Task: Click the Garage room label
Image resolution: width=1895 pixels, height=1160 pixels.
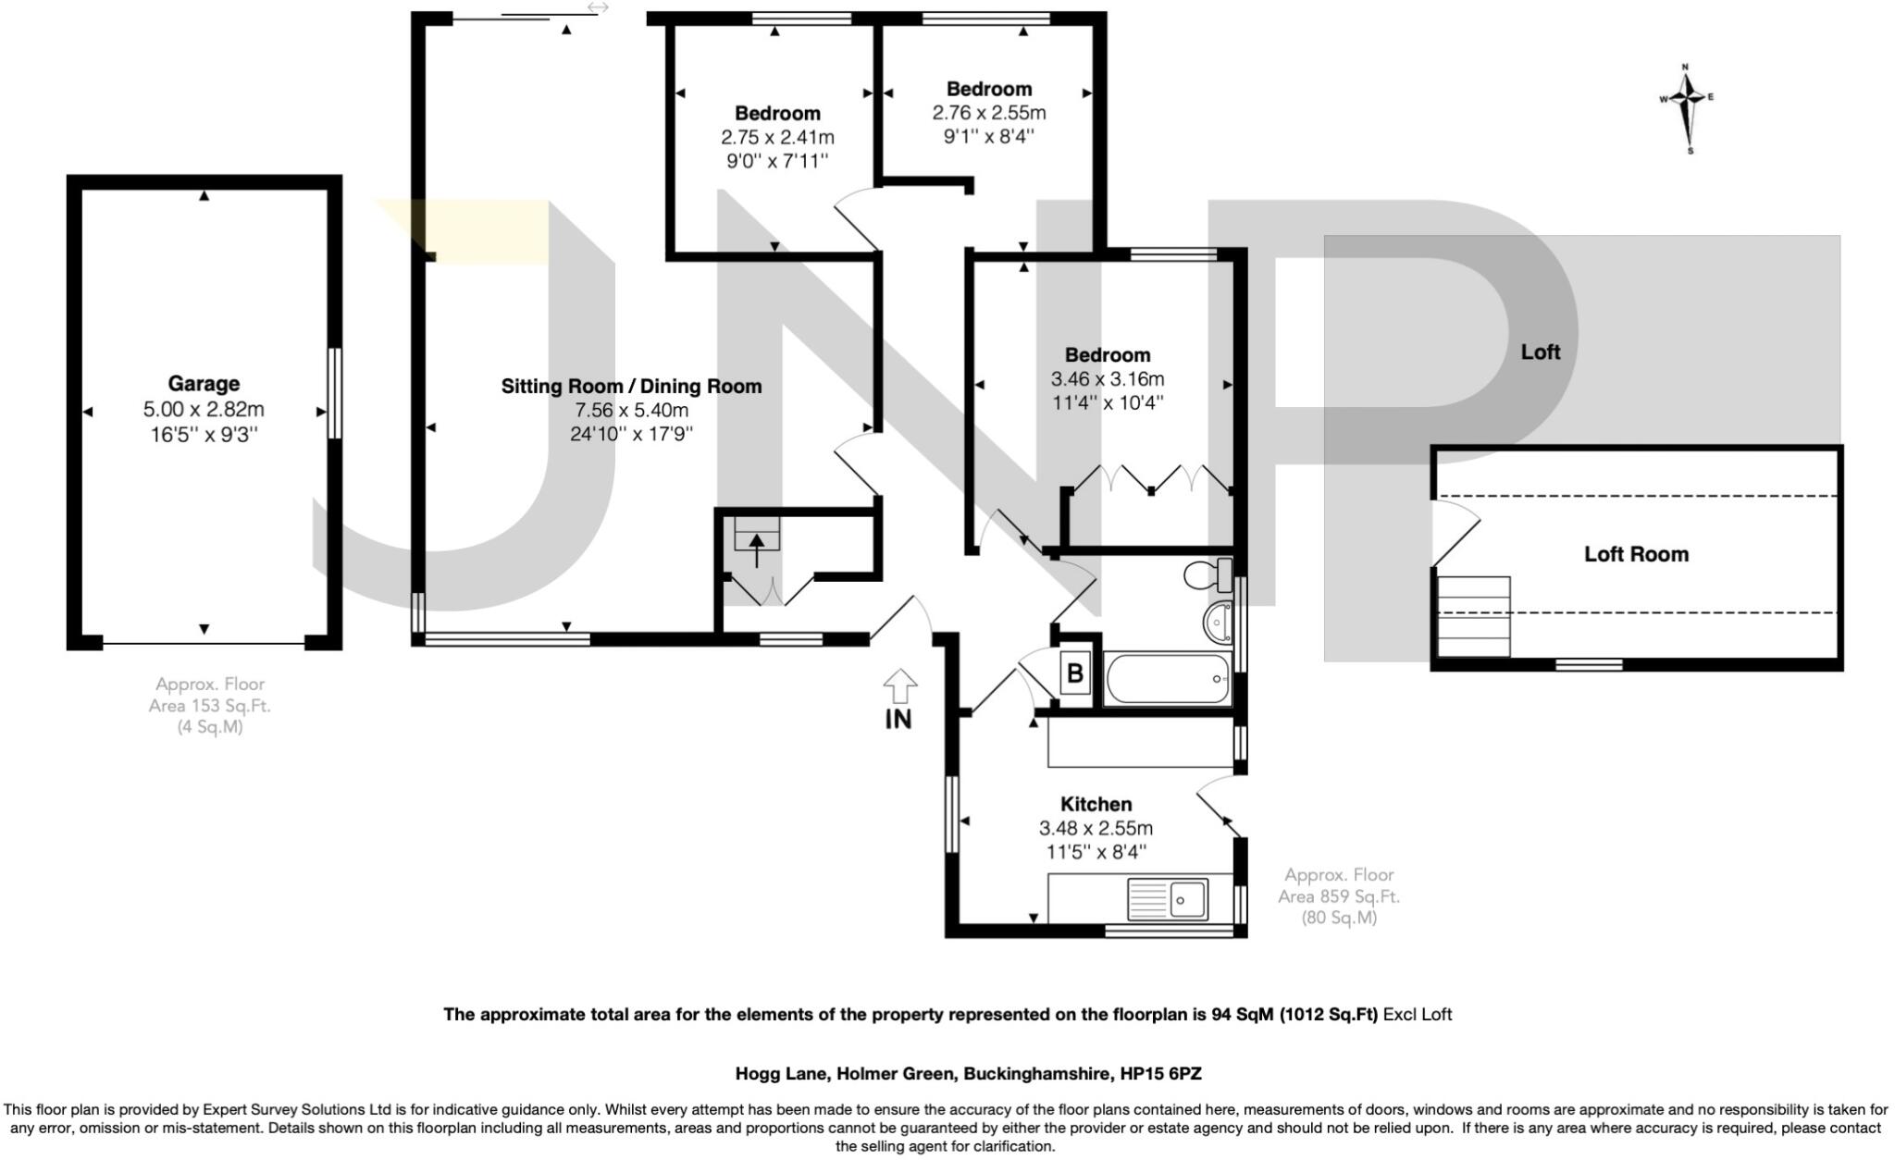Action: click(204, 383)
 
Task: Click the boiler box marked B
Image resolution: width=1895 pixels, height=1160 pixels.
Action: click(1075, 673)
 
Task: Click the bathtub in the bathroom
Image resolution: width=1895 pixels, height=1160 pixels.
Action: click(1168, 679)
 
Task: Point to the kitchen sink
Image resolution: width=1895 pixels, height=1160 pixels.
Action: click(1168, 898)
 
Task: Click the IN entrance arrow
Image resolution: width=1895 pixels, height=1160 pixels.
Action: click(899, 688)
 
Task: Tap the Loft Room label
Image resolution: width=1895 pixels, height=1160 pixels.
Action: click(1636, 554)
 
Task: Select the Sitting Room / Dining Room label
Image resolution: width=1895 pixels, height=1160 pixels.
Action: click(631, 387)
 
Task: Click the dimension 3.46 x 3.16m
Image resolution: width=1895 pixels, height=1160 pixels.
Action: click(1107, 379)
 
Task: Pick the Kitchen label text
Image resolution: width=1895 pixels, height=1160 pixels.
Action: click(1096, 804)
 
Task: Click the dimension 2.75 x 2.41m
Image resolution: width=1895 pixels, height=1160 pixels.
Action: click(777, 138)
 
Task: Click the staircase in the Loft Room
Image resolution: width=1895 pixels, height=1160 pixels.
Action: click(1473, 616)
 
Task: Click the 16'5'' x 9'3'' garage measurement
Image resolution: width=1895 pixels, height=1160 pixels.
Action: click(204, 434)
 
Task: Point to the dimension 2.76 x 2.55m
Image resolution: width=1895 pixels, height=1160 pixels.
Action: click(988, 113)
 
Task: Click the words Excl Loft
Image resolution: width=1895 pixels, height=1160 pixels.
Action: click(1418, 1015)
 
